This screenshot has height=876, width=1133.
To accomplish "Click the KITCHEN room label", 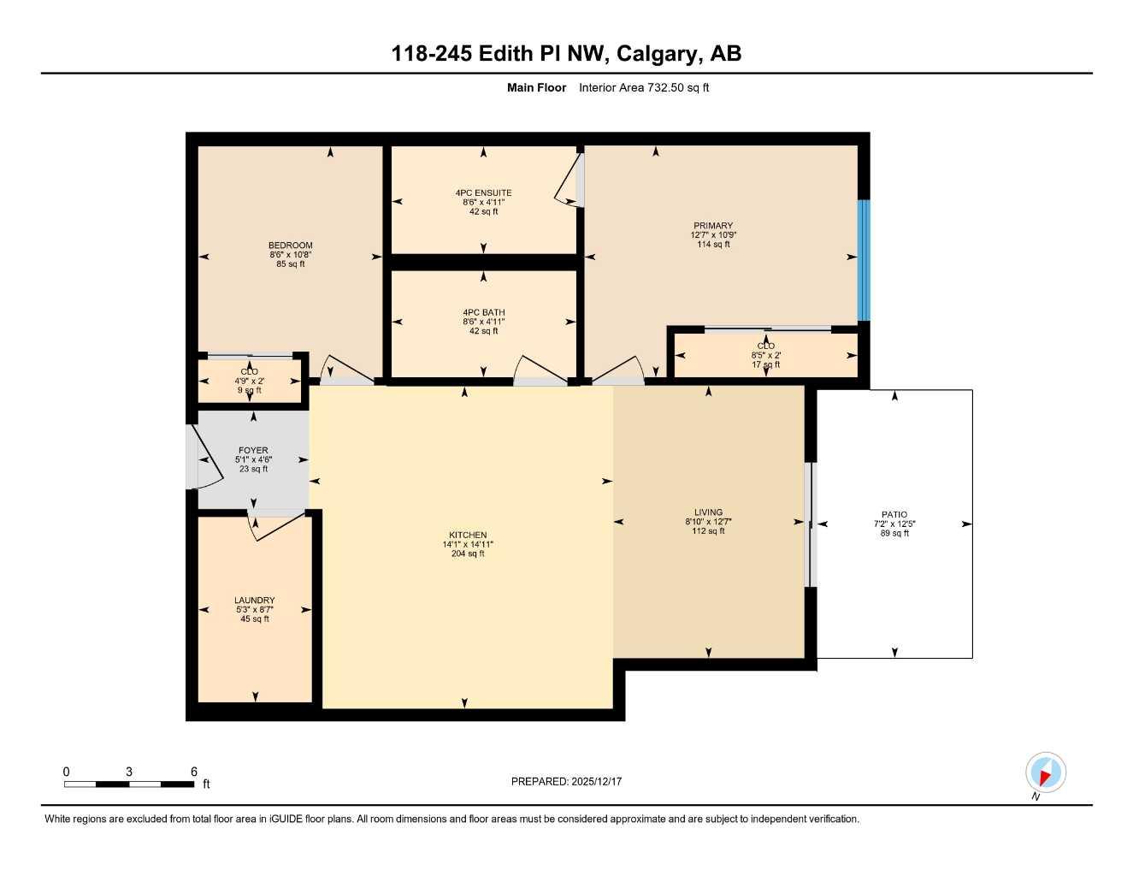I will [x=468, y=535].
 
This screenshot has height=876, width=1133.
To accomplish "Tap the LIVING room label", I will [x=708, y=512].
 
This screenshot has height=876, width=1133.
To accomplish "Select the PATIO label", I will [x=894, y=515].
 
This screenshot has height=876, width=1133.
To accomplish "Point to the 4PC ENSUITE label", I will [x=483, y=193].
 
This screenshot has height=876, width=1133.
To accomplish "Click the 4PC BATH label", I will [x=483, y=313].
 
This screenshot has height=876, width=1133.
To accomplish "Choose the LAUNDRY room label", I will [x=254, y=601].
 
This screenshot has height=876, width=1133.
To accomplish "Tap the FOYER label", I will [x=253, y=450].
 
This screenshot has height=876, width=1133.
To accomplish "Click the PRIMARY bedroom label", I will [x=713, y=226].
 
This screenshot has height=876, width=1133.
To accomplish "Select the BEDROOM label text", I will [x=290, y=246].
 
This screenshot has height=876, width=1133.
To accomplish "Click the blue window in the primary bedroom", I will [x=864, y=260].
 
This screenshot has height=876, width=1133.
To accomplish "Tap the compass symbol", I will [x=1045, y=773].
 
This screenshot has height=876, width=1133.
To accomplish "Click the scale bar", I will [x=129, y=784].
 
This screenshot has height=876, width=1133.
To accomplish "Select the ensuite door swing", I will [x=569, y=181].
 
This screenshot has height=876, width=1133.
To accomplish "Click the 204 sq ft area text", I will [x=468, y=553].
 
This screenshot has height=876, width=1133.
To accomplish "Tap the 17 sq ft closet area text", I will [x=765, y=364].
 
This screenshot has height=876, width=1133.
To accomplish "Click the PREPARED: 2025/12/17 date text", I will [x=566, y=781].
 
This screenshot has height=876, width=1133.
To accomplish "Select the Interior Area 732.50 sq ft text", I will [x=644, y=87].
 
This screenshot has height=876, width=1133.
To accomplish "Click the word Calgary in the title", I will [x=656, y=54].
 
